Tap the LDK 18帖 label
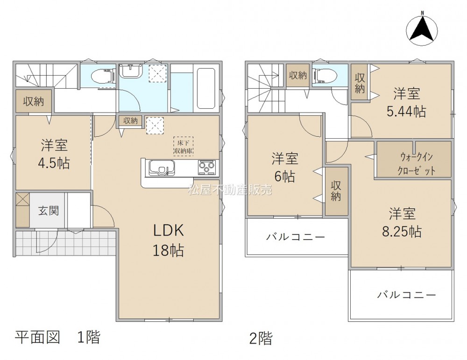point(168,240)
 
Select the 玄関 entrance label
point(48,211)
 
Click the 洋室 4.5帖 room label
point(54,154)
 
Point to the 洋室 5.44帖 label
point(407,102)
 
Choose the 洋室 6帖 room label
point(285,167)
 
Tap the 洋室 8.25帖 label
point(402,222)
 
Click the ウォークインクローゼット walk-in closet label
point(414,163)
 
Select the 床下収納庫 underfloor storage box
point(184,146)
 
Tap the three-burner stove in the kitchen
point(206,167)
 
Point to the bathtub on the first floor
point(206,89)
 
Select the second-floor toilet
point(326,76)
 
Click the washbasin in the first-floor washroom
point(131,71)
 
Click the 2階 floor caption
point(261,339)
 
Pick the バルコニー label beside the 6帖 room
point(296,237)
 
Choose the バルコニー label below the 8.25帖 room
point(407,295)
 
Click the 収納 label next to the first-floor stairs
point(34,101)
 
